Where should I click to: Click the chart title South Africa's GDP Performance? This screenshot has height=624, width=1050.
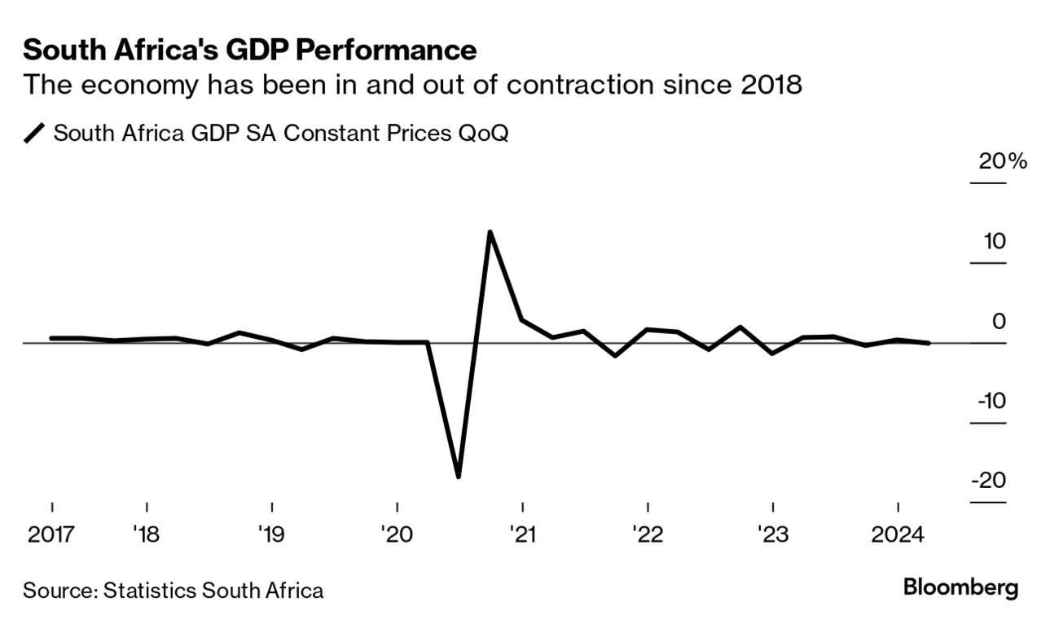pyautogui.click(x=249, y=51)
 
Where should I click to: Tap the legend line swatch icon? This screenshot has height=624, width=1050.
pyautogui.click(x=36, y=134)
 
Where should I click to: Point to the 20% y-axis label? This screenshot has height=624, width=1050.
pyautogui.click(x=1003, y=161)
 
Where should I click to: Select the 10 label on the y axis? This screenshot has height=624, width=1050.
pyautogui.click(x=994, y=242)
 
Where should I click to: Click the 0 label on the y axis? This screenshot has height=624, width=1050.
pyautogui.click(x=999, y=322)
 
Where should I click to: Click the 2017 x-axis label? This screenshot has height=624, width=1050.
pyautogui.click(x=52, y=535)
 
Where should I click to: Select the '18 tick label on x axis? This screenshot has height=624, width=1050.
pyautogui.click(x=146, y=535)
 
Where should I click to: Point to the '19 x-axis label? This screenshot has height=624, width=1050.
pyautogui.click(x=270, y=535)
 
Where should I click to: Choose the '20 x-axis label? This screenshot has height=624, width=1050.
pyautogui.click(x=396, y=535)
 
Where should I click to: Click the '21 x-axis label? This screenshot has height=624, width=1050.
pyautogui.click(x=521, y=535)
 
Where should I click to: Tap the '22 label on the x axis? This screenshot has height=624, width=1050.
pyautogui.click(x=647, y=535)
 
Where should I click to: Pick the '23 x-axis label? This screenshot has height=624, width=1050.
pyautogui.click(x=772, y=535)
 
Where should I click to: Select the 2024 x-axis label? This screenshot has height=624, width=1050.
pyautogui.click(x=897, y=535)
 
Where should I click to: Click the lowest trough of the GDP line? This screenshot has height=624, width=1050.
pyautogui.click(x=459, y=477)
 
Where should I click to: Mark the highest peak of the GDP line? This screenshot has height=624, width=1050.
pyautogui.click(x=490, y=232)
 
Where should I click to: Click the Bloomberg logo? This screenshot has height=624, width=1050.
pyautogui.click(x=961, y=588)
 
